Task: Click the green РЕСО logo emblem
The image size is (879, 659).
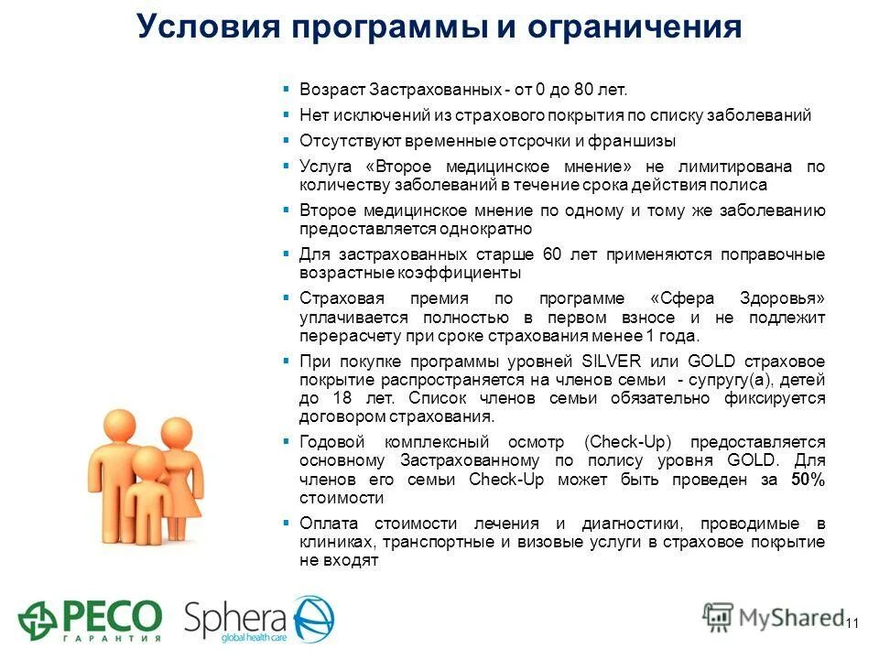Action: [x=39, y=620]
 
